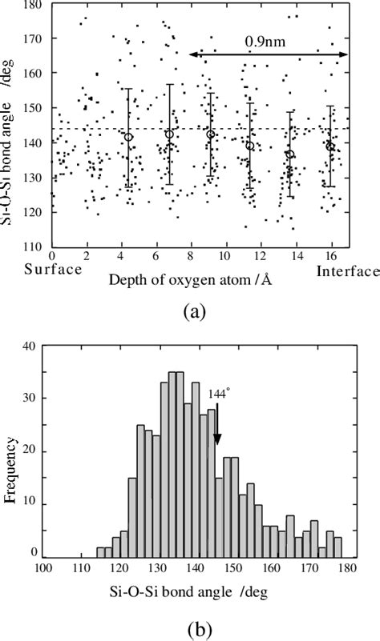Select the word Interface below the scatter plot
pyautogui.click(x=347, y=271)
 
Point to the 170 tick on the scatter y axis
pyautogui.click(x=35, y=38)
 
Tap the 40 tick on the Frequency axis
pyautogui.click(x=30, y=347)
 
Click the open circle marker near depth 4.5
pyautogui.click(x=128, y=137)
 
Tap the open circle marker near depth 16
pyautogui.click(x=330, y=146)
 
